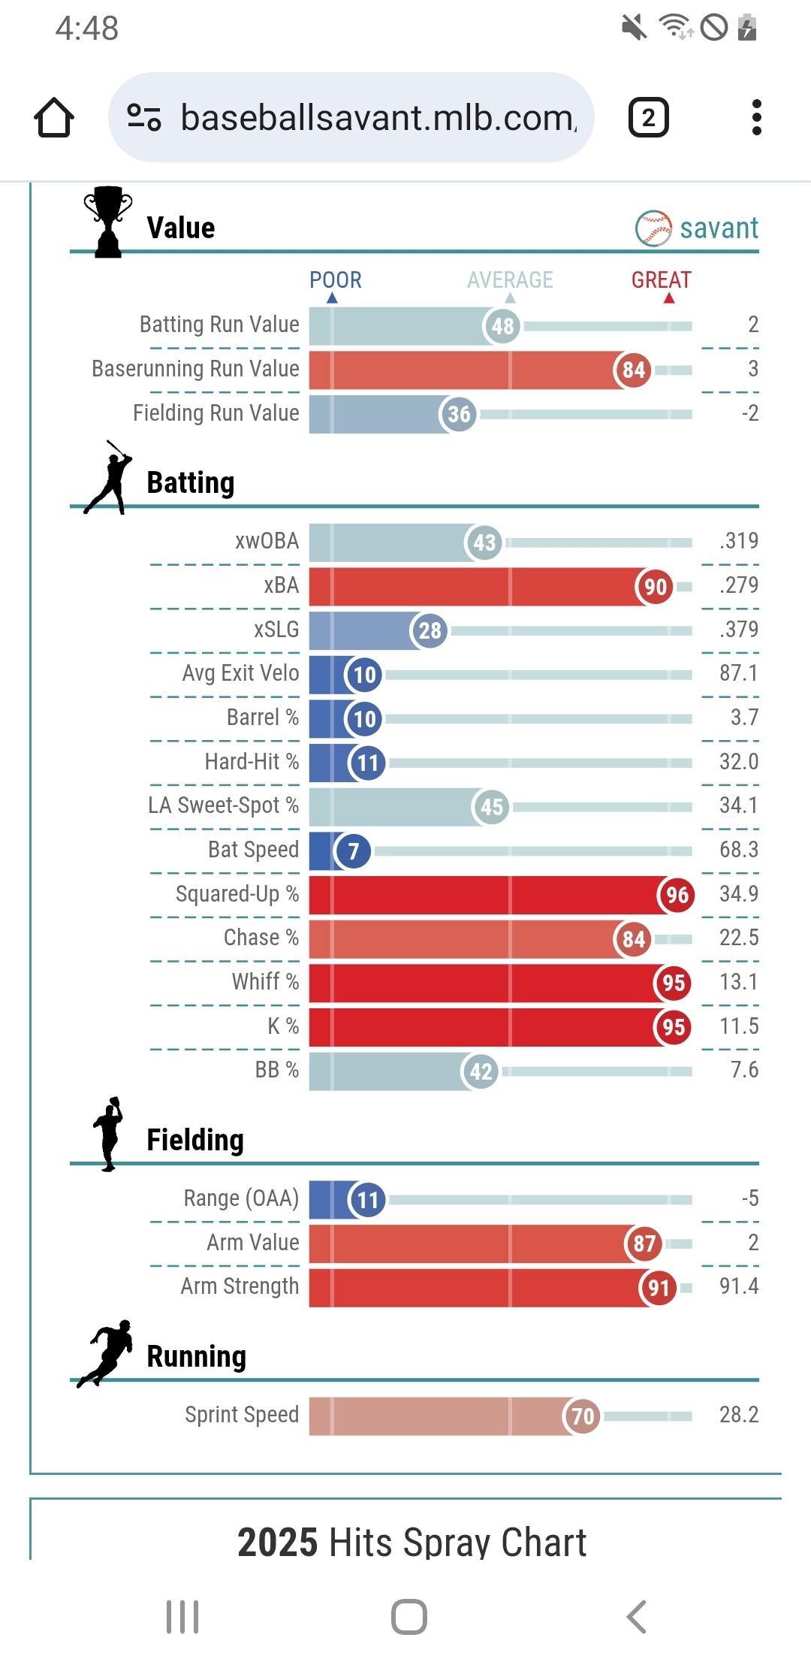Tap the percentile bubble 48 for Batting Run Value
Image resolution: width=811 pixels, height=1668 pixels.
point(502,326)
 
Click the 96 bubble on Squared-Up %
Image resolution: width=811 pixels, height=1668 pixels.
point(677,895)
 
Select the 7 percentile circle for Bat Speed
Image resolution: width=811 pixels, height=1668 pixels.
point(353,851)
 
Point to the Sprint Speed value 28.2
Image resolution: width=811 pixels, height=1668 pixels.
point(738,1415)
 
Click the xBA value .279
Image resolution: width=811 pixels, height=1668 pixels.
point(738,585)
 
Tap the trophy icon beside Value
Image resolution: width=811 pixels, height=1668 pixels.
point(108,222)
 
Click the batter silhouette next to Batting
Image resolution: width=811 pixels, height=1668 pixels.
point(108,478)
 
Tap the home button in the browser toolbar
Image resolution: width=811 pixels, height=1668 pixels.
point(54,118)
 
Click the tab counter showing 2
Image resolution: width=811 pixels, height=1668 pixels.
point(648,118)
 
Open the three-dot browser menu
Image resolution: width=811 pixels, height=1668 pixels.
point(756,118)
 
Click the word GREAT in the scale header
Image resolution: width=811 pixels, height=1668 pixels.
point(661,280)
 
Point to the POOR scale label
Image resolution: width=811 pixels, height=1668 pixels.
point(335,280)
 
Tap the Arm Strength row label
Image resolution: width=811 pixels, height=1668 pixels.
point(240,1286)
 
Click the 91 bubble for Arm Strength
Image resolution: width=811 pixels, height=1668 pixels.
point(659,1288)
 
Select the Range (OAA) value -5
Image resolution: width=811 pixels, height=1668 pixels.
point(749,1198)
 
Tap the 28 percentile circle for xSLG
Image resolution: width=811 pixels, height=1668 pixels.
point(430,630)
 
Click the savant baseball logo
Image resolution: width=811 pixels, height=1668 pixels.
point(653,228)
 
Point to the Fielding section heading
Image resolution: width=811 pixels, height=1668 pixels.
point(195,1140)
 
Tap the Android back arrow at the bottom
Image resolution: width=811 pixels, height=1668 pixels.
point(637,1617)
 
